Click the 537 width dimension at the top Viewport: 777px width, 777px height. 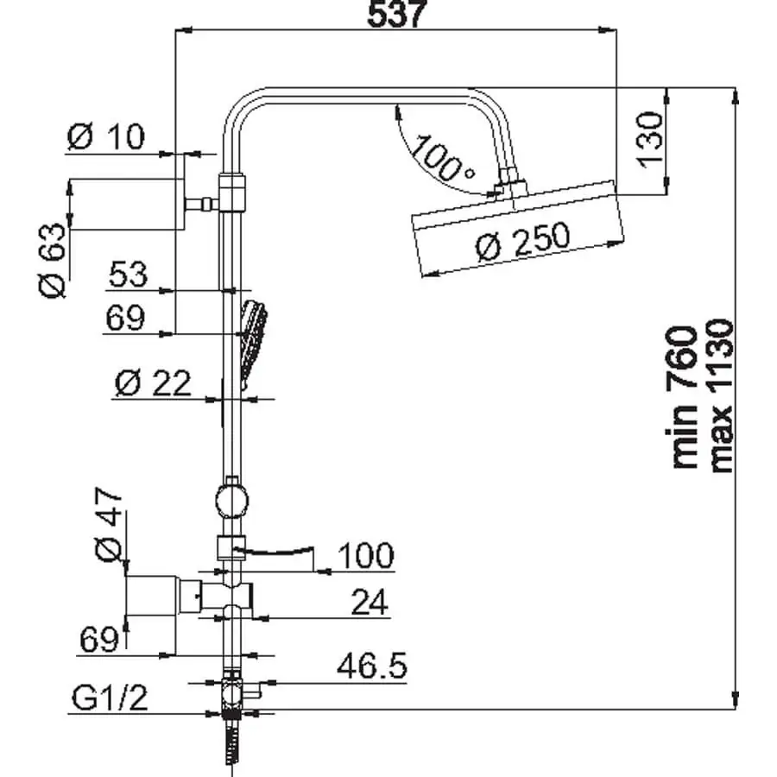tap(396, 15)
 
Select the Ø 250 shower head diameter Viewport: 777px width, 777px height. tap(522, 243)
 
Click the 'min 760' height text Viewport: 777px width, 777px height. tap(684, 396)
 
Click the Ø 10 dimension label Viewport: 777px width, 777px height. tap(106, 136)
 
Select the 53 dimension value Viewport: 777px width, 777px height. tap(128, 275)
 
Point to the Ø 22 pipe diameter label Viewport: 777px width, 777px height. tap(152, 382)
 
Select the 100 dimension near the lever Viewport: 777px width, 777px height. tap(363, 555)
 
